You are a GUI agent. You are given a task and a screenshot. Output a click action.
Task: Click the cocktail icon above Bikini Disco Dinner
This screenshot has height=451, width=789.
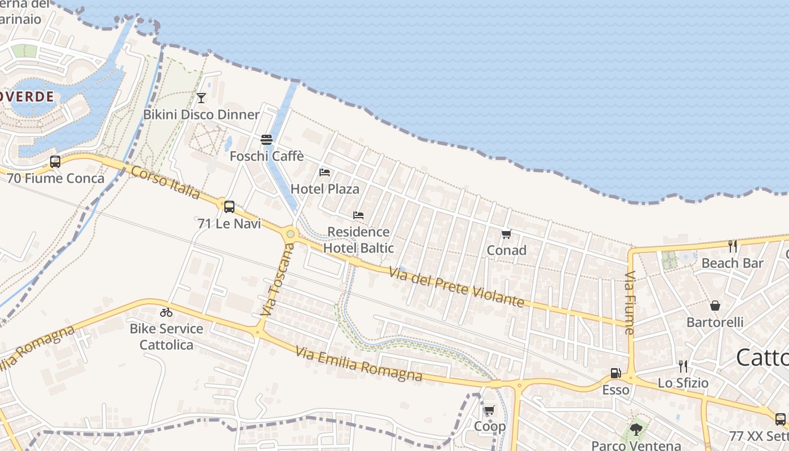201,98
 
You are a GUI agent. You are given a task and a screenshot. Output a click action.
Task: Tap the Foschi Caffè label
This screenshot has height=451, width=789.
267,156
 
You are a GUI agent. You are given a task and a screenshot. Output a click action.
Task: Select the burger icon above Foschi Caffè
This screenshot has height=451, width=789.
267,140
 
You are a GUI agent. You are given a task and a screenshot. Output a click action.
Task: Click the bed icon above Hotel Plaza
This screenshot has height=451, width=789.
325,173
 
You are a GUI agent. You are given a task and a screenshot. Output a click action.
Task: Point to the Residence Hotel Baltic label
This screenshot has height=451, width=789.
358,240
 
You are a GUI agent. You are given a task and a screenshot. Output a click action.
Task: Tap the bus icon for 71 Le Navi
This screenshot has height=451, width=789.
229,207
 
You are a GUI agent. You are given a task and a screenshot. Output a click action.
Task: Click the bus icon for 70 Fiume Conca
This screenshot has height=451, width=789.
55,162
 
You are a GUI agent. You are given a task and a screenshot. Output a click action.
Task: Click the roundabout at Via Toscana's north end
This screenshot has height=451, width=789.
290,233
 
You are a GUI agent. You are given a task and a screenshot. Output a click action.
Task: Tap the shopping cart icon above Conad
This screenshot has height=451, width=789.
506,235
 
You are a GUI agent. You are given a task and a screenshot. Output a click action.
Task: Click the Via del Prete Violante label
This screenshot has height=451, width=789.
456,288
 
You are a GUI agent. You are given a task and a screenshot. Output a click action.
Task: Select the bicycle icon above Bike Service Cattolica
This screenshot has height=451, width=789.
166,312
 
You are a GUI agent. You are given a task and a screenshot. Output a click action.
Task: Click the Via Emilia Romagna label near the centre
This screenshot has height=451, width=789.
358,364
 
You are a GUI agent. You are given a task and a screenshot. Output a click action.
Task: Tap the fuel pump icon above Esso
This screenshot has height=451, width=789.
615,373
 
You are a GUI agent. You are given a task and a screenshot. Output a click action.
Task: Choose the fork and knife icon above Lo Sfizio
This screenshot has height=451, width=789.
683,366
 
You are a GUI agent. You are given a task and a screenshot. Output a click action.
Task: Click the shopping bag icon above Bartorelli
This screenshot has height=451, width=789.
715,306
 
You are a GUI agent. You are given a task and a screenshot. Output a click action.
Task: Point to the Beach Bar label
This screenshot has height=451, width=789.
732,263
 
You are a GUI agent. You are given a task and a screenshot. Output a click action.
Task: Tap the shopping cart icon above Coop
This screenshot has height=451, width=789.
489,410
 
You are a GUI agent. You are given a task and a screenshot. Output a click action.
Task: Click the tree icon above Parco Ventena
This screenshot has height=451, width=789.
636,430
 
